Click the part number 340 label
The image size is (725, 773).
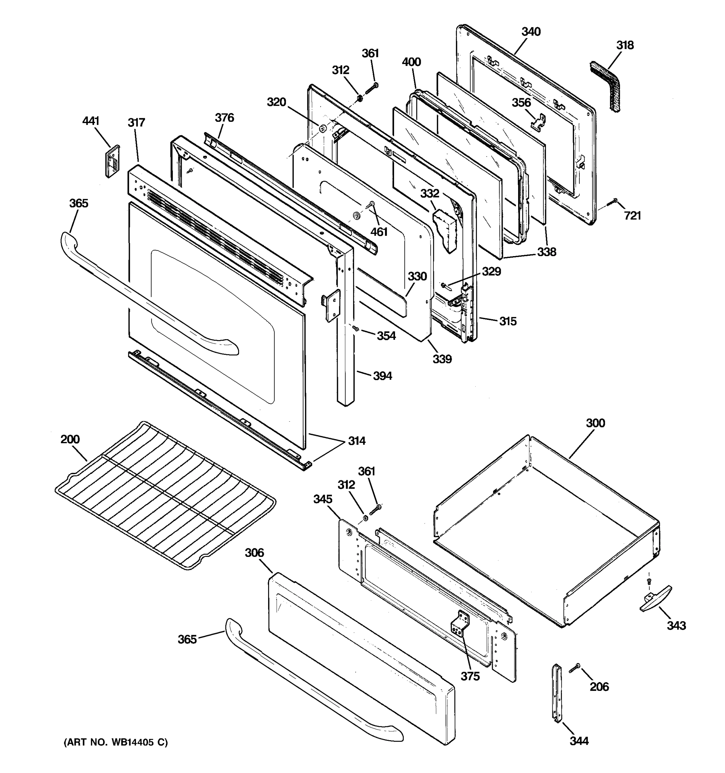point(531,32)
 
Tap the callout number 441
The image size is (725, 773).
point(91,121)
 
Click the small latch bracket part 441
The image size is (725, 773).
point(112,161)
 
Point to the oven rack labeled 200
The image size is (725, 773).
point(165,494)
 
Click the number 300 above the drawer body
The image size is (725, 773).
point(595,423)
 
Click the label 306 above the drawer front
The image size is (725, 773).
point(254,552)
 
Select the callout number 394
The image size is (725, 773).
point(382,376)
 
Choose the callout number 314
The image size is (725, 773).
point(356,441)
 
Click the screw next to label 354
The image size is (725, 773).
point(355,329)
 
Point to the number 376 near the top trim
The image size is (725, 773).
point(224,118)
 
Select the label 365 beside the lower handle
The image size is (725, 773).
point(187,639)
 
